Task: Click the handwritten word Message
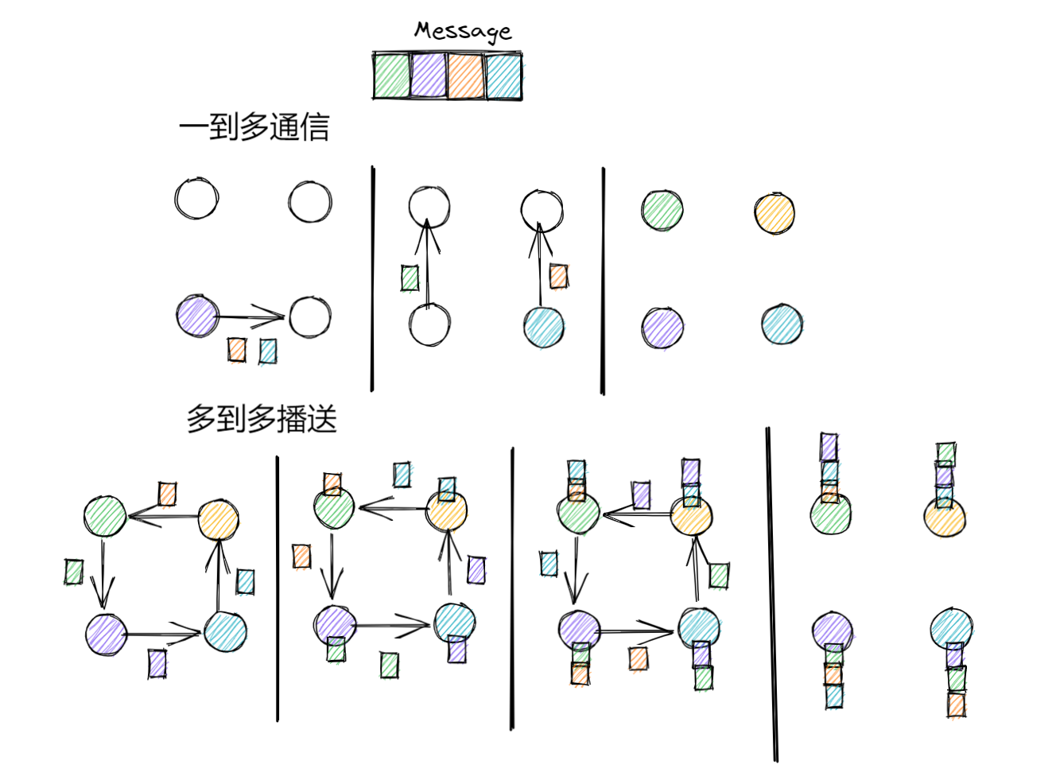point(462,31)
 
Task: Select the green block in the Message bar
point(392,76)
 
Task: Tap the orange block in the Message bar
point(466,76)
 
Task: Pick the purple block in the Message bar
point(429,76)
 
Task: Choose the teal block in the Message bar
point(503,76)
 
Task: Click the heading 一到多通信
point(254,127)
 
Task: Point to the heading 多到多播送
point(262,419)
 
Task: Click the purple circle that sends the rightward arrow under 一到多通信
point(197,316)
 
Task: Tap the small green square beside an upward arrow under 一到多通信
point(410,277)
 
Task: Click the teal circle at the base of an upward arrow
point(544,326)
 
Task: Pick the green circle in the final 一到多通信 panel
point(662,211)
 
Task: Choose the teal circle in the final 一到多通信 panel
point(782,324)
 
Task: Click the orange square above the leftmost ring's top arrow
point(167,494)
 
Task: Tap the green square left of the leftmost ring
point(74,571)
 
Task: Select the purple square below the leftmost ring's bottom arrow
point(157,663)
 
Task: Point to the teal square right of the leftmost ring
point(246,581)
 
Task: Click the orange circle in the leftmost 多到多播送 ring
point(218,521)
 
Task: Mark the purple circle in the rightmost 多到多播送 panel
point(833,632)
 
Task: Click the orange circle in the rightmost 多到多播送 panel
point(945,518)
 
